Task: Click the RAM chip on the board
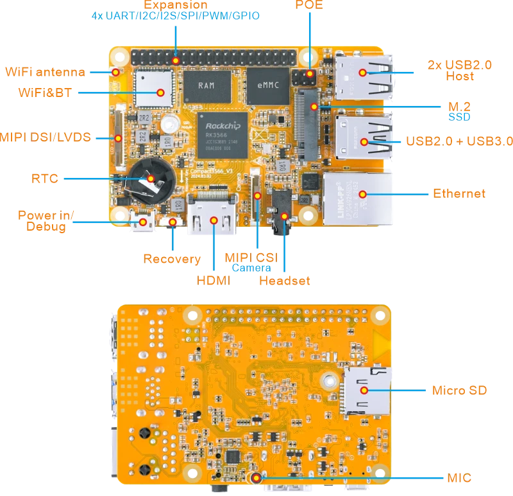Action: point(206,85)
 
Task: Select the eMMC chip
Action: point(268,85)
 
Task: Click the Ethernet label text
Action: point(458,193)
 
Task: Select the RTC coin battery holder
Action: point(150,179)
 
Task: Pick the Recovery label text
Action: point(171,259)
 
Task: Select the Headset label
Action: point(285,281)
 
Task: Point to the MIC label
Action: point(460,478)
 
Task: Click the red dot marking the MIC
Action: point(256,477)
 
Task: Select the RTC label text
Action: point(45,179)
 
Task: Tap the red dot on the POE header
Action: point(310,74)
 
